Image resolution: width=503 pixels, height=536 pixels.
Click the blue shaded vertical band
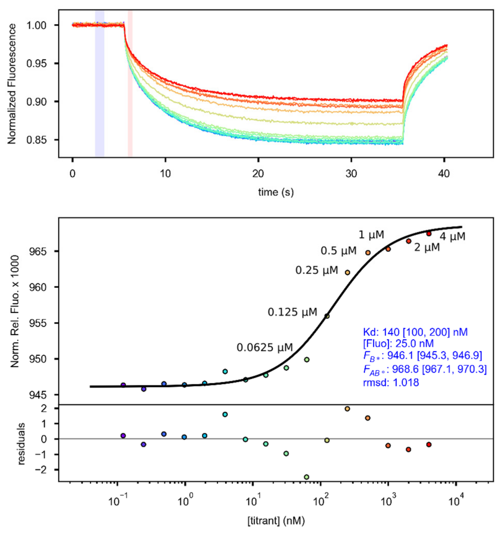click(x=100, y=83)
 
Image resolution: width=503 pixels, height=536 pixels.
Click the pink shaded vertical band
click(x=130, y=83)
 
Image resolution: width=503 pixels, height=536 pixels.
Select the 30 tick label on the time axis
click(x=351, y=174)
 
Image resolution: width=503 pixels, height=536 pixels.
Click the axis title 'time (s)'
click(x=276, y=192)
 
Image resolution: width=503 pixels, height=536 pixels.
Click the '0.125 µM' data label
click(x=292, y=312)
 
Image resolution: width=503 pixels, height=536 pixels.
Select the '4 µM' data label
click(x=452, y=237)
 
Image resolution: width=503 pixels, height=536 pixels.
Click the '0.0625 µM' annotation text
click(x=265, y=348)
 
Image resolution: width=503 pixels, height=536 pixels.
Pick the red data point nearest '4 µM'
click(x=429, y=234)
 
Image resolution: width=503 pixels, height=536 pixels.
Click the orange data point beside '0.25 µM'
click(x=347, y=273)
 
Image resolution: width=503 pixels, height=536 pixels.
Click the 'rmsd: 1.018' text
click(x=391, y=383)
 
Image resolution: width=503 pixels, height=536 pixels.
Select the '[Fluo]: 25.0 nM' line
click(x=398, y=343)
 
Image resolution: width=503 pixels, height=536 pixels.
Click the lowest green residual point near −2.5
click(x=307, y=477)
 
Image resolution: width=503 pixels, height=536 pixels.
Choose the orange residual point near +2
click(x=347, y=409)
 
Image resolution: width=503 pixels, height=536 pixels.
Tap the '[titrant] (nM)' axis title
click(x=276, y=521)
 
